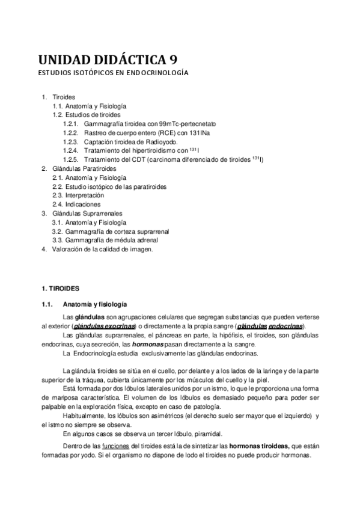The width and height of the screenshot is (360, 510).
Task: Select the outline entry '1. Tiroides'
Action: pos(58,97)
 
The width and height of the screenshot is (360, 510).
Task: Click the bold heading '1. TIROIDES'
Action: pos(65,289)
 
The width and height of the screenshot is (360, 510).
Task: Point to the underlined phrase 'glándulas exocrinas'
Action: pos(108,325)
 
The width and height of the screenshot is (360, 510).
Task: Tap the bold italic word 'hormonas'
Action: pos(147,344)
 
